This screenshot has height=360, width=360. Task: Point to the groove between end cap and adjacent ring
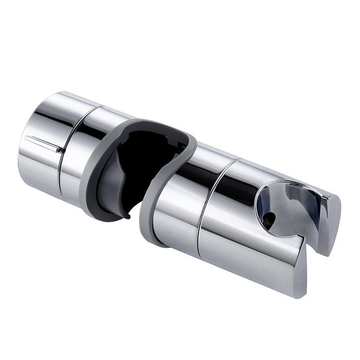coord(64,150)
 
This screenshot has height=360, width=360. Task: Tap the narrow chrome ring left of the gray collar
coord(80,145)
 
